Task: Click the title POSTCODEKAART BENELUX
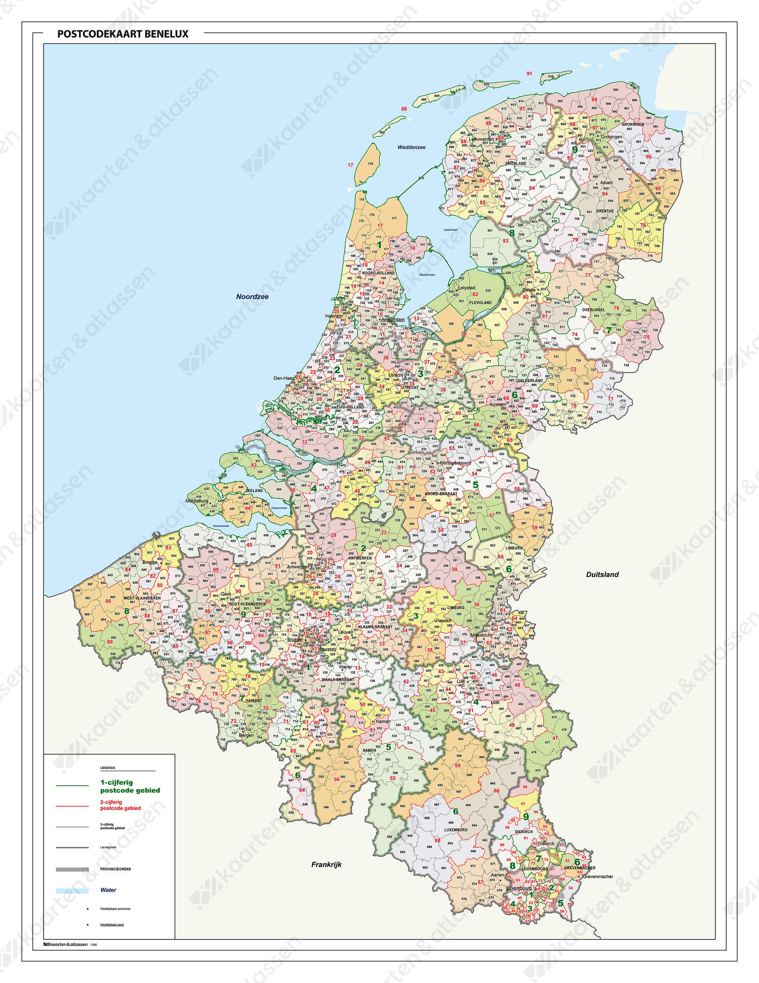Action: (x=122, y=34)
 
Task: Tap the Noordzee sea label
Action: (x=252, y=296)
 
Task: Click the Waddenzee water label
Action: (x=411, y=147)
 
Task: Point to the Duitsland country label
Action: (x=602, y=574)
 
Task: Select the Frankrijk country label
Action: (x=326, y=865)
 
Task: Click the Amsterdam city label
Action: (x=393, y=319)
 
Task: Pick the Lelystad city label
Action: (x=467, y=287)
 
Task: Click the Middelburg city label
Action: (x=197, y=501)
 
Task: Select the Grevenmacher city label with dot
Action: (x=598, y=877)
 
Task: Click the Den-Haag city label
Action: (x=284, y=378)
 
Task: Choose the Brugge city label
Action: (x=150, y=562)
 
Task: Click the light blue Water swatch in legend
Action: (x=72, y=890)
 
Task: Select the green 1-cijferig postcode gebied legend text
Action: (x=130, y=786)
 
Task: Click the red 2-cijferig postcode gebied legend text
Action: (x=120, y=805)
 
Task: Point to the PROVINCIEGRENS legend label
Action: (x=115, y=869)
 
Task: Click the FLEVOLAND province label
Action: (x=480, y=303)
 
